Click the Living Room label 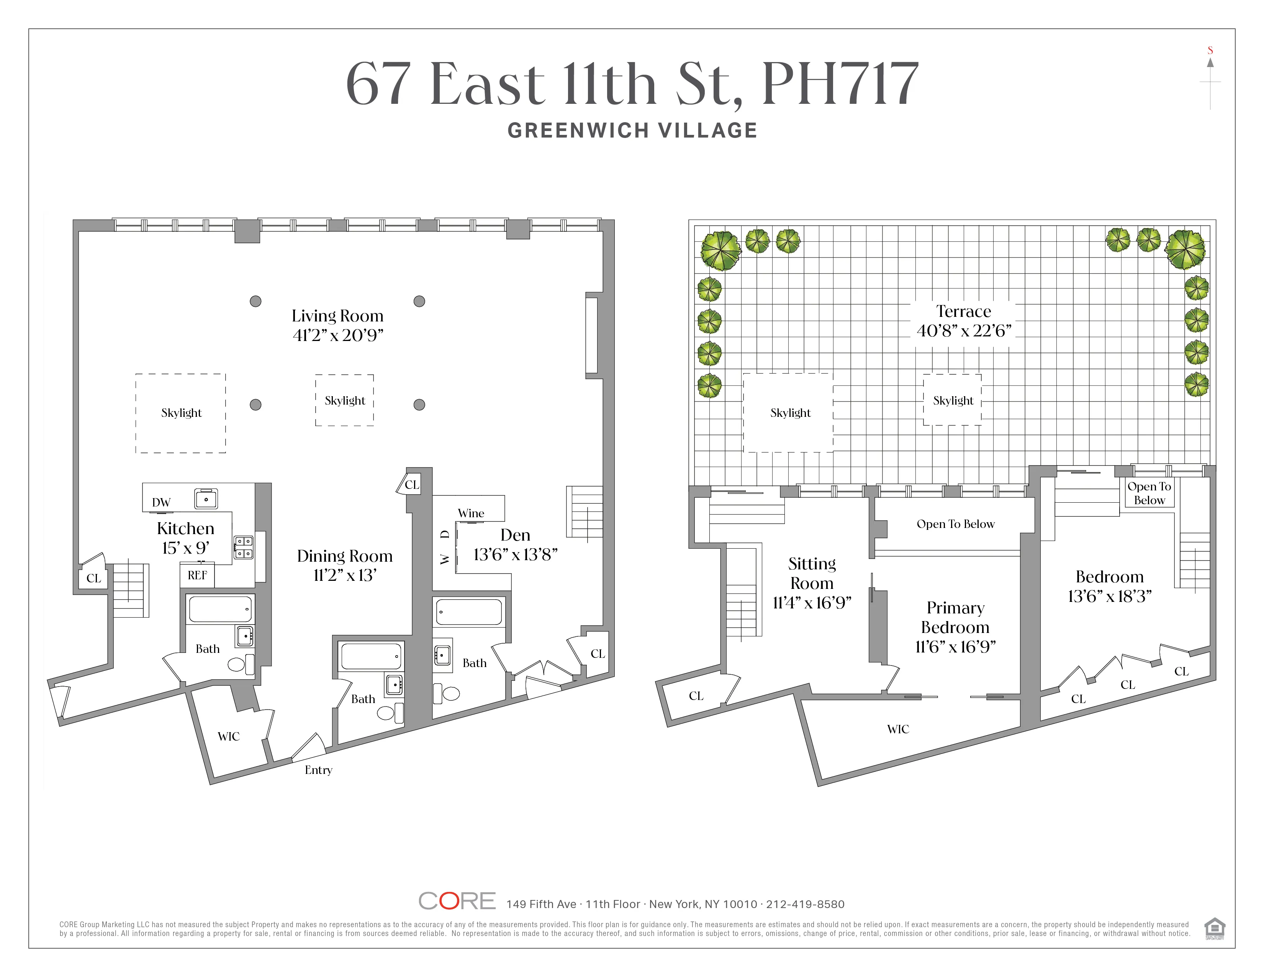(x=337, y=316)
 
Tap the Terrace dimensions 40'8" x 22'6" (x=964, y=331)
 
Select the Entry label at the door (x=318, y=770)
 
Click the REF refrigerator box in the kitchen (x=197, y=575)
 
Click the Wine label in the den (x=470, y=513)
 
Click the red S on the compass (x=1210, y=50)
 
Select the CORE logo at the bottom (x=457, y=901)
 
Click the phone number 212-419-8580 (x=805, y=904)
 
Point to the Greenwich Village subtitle (x=632, y=131)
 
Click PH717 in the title (x=840, y=85)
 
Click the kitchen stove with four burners (x=244, y=548)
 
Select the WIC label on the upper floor (x=898, y=729)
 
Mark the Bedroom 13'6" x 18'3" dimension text (x=1110, y=596)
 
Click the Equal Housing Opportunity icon (x=1214, y=928)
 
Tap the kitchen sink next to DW (x=206, y=499)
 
